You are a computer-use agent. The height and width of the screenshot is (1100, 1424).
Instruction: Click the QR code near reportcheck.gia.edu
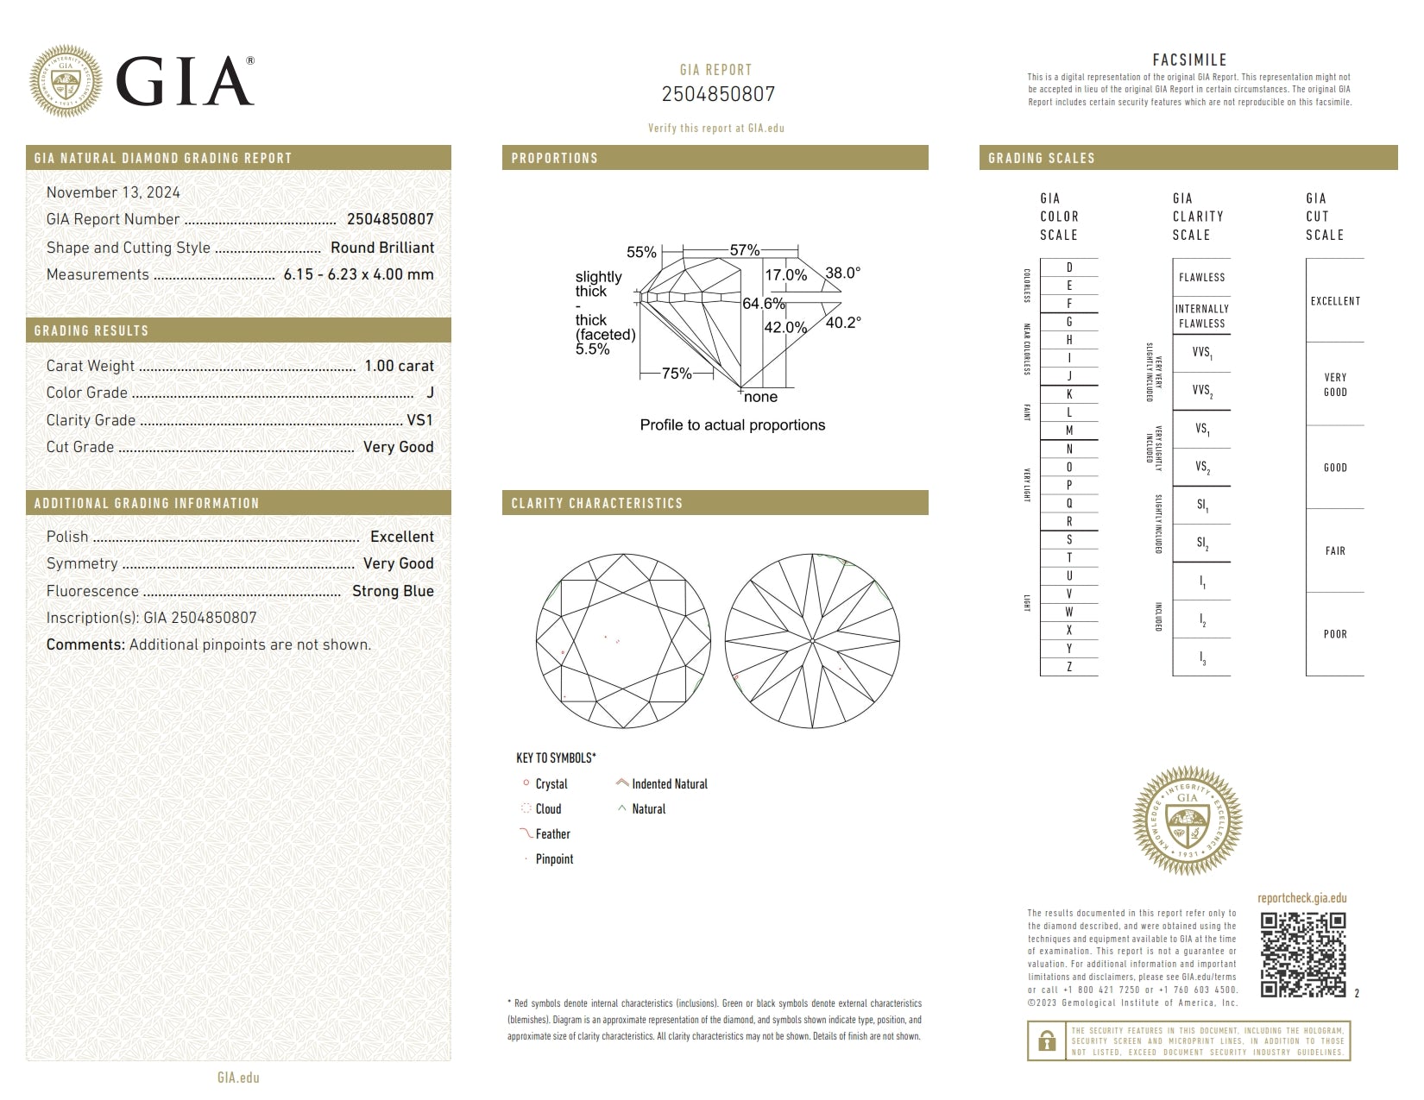[1302, 955]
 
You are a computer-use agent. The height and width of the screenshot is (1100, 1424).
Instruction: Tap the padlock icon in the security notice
[1046, 1041]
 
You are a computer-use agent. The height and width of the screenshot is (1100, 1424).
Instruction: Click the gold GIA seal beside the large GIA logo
[65, 81]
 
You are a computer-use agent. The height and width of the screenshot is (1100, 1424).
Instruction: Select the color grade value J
[430, 393]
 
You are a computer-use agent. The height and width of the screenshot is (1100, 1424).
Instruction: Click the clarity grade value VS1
[419, 420]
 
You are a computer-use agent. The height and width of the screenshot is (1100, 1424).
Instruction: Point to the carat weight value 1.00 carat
[399, 366]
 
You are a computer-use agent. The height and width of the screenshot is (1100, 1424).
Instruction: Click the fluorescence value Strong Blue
[393, 591]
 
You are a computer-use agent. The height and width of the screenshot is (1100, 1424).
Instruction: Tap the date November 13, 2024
[113, 192]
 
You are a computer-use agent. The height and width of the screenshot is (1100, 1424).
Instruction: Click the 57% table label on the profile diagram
[744, 250]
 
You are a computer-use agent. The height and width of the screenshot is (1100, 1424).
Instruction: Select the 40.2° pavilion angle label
[843, 322]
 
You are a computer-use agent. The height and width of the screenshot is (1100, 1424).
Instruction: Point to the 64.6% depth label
[763, 304]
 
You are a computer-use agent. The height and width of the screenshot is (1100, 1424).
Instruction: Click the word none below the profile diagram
[760, 397]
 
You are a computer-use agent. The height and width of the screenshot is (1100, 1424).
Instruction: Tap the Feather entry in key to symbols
[552, 834]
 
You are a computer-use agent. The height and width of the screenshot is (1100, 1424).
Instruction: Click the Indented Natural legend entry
[669, 784]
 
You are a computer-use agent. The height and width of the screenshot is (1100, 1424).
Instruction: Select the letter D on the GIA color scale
[1069, 267]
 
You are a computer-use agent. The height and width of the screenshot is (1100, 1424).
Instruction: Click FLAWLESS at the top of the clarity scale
[1201, 277]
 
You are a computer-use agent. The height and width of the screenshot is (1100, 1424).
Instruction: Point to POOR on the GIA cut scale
[1335, 634]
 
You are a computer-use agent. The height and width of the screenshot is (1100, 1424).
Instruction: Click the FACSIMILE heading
[1189, 60]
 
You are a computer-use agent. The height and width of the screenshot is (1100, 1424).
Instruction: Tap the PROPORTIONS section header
[554, 158]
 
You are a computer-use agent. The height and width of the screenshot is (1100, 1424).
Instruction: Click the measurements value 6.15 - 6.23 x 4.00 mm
[358, 274]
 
